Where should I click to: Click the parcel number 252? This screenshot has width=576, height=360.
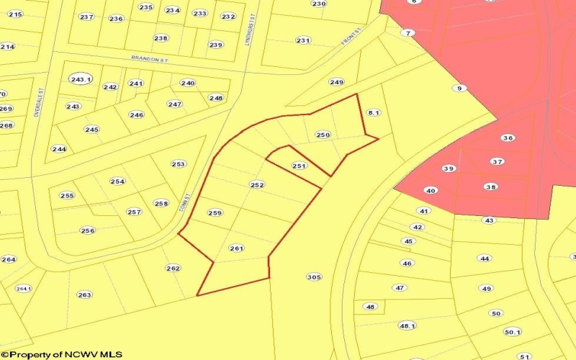coord(257,185)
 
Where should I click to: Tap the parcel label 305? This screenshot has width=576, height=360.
coord(314,276)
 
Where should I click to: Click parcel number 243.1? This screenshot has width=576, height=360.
coord(81,79)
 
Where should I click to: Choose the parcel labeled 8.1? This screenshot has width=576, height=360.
coord(373,113)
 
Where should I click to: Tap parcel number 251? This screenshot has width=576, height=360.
coord(300,166)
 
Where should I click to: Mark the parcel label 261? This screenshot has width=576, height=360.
coord(236,248)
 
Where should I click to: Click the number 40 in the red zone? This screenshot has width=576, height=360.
coord(431,191)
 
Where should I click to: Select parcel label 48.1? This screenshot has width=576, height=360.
coord(408,325)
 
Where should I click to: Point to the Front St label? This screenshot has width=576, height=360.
coord(351,44)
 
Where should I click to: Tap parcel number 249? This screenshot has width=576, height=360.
coord(336,82)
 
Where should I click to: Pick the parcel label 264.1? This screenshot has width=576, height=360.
coord(24,289)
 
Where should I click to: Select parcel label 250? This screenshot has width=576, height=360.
coord(323,135)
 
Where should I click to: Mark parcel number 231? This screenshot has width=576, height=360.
coord(303,40)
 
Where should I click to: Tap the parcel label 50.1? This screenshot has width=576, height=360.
coord(512,332)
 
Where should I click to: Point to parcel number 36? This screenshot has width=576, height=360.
coord(508,138)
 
